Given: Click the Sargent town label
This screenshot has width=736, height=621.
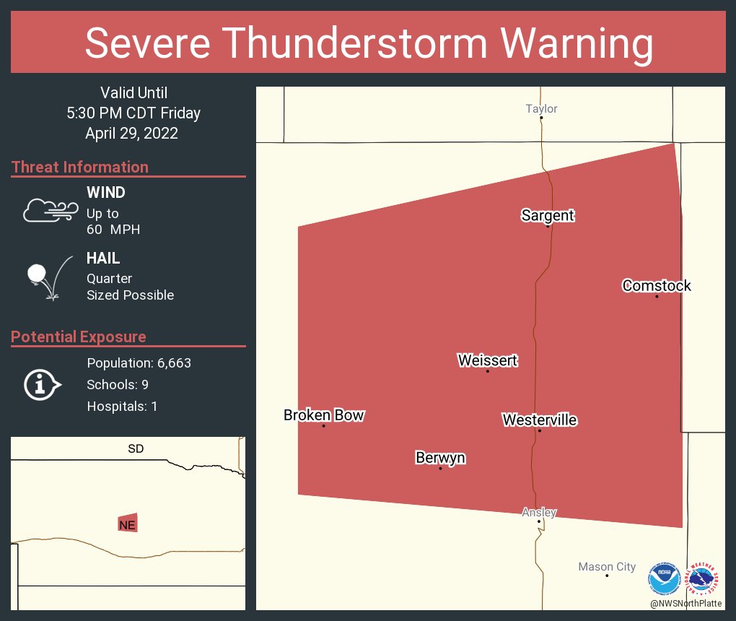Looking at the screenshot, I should coord(548,215).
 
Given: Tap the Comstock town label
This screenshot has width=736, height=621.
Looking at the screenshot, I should coord(657,286).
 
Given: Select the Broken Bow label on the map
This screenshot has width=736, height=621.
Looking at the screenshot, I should coord(323,415).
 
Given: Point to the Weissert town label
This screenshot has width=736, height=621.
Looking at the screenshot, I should coord(488,360).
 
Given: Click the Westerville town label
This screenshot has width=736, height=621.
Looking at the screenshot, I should coord(540,420).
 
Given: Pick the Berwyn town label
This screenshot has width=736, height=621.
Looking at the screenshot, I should coord(440,458).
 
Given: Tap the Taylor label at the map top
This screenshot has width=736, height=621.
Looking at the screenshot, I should coord(541,109).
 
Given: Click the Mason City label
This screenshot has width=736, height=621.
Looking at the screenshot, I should coord(607,567).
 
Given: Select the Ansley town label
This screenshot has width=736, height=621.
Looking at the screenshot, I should coord(539,513).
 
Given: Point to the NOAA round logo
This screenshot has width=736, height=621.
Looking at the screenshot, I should coord(664,579).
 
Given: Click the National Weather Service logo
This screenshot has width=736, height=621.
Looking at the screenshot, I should coord(704,579).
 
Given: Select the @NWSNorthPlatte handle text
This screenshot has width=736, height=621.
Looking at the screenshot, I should coord(685,604).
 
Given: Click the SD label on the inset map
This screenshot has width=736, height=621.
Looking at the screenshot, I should coord(136,449).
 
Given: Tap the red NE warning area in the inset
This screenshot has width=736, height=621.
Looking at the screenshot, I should coord(128,524).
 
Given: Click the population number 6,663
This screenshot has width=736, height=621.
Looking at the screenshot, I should coord(171,363).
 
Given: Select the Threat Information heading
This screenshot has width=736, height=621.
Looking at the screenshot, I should coord(80,167).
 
